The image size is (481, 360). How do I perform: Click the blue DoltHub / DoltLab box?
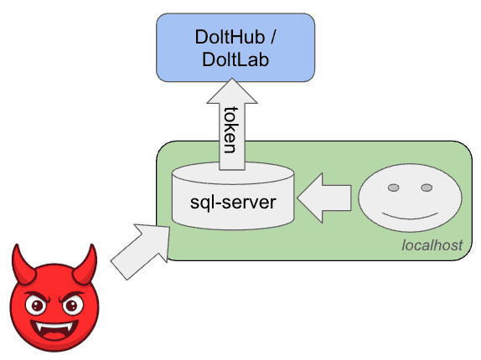235,48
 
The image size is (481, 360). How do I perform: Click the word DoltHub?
230,37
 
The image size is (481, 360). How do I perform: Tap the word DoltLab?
235,59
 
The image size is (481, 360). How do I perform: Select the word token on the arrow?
231,130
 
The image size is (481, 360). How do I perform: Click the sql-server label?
233,203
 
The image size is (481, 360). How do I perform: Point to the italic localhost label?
432,245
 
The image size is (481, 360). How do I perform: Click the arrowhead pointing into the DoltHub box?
232,91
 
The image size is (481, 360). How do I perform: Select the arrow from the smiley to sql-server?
324,198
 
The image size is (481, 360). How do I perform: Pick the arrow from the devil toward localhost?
141,251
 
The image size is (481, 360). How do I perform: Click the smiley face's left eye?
394,188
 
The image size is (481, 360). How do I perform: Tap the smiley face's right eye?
427,188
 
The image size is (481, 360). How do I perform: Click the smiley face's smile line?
410,216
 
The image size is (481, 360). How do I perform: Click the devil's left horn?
22,264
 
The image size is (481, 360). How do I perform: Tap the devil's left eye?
37,305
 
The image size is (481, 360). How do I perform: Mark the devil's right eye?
72,305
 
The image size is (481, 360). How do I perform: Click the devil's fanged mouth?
55,331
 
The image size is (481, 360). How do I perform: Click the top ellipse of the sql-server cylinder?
233,173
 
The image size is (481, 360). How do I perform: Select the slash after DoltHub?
272,37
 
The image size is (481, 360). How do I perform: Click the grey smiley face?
410,198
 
